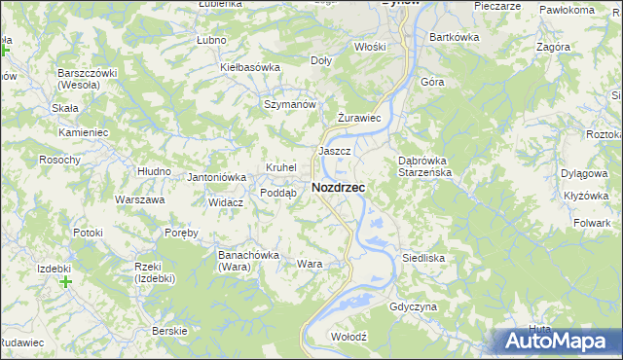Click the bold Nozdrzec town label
coord(338,187)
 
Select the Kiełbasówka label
coord(250,67)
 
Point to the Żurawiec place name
coord(357,118)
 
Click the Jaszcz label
coord(334,152)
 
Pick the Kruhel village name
coord(280,167)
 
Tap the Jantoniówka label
coord(216,177)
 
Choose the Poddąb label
coord(277,193)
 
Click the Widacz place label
coord(225,202)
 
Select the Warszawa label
coord(139,199)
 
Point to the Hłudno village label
coord(154,170)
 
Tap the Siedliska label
coord(423,258)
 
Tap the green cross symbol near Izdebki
coord(65,283)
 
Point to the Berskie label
coord(169,331)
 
